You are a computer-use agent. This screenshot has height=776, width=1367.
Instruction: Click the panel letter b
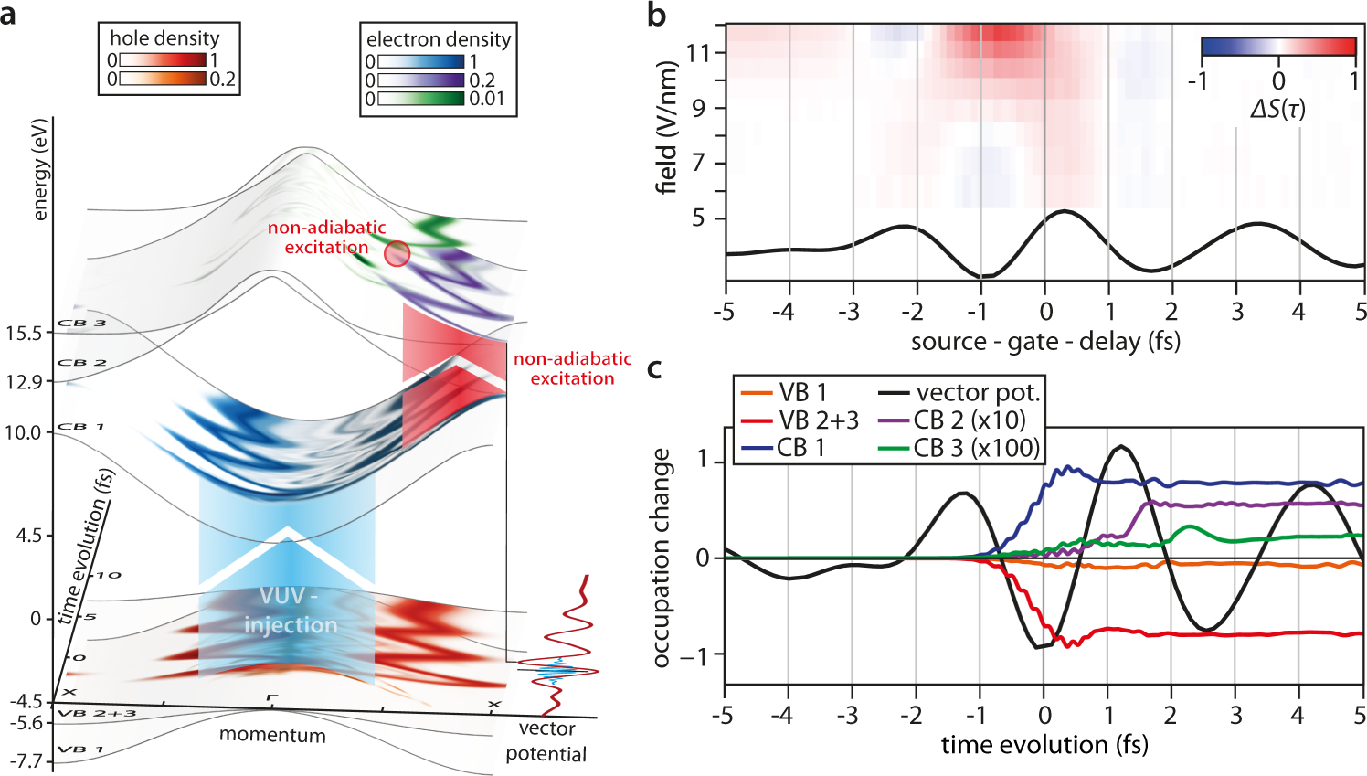[656, 16]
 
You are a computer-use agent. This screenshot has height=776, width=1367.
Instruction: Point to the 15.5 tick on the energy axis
[24, 333]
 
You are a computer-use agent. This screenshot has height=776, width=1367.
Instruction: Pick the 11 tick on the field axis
[698, 52]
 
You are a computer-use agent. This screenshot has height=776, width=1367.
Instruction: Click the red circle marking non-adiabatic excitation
[397, 253]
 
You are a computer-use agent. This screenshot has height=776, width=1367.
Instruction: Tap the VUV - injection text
[290, 611]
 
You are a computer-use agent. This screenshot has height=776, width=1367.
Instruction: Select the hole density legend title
[164, 37]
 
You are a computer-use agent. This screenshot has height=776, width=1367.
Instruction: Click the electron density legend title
[439, 39]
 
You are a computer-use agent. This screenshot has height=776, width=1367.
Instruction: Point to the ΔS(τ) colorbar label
[1277, 109]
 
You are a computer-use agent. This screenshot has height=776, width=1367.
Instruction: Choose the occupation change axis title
[661, 558]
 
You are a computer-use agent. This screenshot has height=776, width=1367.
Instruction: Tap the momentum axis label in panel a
[272, 735]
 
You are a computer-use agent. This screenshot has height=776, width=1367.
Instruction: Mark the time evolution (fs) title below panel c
[1044, 745]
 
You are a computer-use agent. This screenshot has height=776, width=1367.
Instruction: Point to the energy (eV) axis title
[39, 170]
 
